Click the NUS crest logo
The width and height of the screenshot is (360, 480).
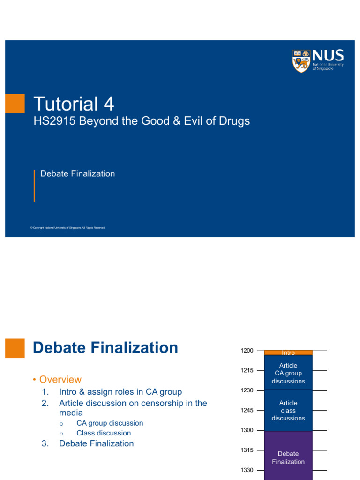click(301, 61)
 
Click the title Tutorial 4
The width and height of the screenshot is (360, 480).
click(74, 104)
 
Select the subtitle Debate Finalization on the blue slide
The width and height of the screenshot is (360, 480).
click(77, 173)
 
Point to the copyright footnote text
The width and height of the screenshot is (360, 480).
click(67, 228)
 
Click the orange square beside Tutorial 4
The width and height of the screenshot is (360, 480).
click(15, 104)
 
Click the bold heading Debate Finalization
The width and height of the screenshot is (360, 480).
click(105, 348)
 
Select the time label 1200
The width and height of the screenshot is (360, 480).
click(247, 351)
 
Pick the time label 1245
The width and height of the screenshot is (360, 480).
click(247, 410)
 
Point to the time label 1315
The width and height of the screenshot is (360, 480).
click(247, 450)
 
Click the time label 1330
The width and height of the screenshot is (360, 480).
click(247, 470)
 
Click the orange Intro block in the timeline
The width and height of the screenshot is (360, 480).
click(288, 352)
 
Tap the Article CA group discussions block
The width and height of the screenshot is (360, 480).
click(288, 373)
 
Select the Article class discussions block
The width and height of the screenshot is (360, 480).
click(288, 410)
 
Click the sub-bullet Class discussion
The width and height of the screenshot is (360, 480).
click(104, 433)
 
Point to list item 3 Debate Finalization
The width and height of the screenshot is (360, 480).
click(96, 443)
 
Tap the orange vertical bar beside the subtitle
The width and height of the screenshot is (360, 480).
click(34, 186)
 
